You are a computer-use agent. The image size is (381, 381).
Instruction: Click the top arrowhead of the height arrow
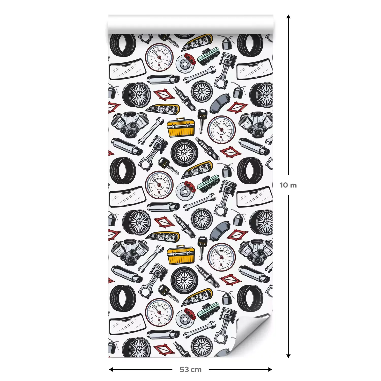(288, 17)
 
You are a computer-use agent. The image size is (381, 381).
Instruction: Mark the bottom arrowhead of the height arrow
(288, 356)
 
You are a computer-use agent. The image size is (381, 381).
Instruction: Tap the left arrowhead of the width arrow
(111, 369)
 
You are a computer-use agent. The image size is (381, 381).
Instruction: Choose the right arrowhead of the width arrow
(270, 369)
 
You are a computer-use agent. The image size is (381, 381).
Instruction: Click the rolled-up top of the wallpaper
(190, 25)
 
